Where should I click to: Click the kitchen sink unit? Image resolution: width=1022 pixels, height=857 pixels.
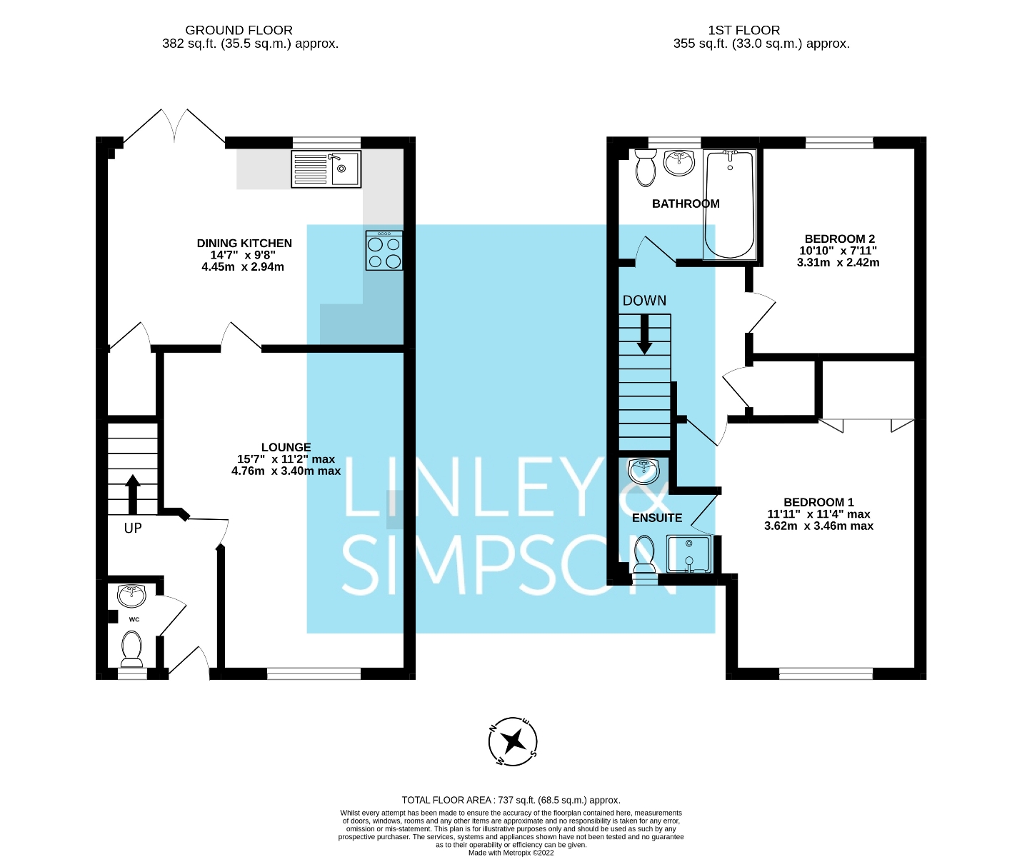click(x=326, y=169)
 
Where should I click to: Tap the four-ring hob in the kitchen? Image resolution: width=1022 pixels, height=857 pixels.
click(x=384, y=251)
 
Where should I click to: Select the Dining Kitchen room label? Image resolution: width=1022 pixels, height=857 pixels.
click(x=244, y=244)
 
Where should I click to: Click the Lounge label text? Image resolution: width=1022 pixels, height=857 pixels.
click(x=286, y=447)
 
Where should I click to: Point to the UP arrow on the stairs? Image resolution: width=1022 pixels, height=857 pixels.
click(x=133, y=493)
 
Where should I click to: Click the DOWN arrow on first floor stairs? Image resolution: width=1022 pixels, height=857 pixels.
click(x=644, y=334)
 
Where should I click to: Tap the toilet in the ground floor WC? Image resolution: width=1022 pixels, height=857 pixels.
click(x=131, y=648)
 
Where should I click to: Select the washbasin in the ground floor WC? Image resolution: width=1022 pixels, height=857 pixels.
click(x=131, y=596)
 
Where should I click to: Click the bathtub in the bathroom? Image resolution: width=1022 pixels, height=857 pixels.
click(x=729, y=204)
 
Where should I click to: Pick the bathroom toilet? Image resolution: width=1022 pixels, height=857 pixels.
click(x=646, y=168)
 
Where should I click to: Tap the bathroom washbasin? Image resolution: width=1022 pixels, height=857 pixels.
click(x=679, y=163)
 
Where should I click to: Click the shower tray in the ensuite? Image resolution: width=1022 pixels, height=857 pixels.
click(x=689, y=553)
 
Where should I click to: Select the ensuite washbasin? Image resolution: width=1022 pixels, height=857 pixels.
click(x=644, y=471)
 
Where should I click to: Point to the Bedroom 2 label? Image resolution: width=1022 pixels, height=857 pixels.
click(x=839, y=239)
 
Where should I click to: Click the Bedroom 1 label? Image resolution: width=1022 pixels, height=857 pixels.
click(x=818, y=502)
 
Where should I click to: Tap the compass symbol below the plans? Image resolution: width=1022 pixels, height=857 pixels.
click(x=513, y=741)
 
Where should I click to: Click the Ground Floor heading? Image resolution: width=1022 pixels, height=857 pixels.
click(x=239, y=30)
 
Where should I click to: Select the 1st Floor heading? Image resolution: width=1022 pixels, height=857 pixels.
click(x=744, y=30)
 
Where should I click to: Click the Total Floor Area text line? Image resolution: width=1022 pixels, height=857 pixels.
click(x=511, y=800)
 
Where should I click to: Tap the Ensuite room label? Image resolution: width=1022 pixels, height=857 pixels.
click(x=657, y=518)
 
